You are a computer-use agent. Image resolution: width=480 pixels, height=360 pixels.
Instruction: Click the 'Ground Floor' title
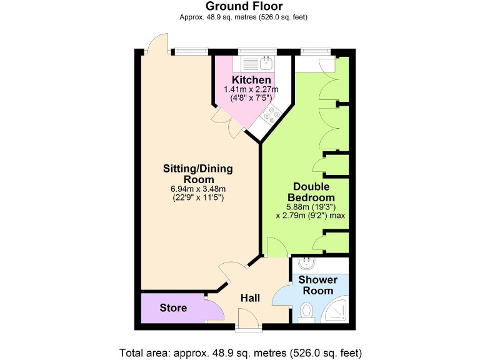point(240,7)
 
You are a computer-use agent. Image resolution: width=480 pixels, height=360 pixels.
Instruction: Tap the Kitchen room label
point(251,80)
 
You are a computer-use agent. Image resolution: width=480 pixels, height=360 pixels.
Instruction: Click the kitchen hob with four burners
point(272,114)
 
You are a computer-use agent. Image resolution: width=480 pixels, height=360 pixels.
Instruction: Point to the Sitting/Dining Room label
point(197,174)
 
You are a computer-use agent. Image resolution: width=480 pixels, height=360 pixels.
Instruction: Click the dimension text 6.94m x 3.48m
point(197,189)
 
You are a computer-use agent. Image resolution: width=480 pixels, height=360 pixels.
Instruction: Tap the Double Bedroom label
point(311,192)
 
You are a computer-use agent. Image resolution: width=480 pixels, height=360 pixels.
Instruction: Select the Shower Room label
point(317,285)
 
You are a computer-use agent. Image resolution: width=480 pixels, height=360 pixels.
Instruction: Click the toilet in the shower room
point(306,311)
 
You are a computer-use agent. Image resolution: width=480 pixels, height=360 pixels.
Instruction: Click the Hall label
point(250,297)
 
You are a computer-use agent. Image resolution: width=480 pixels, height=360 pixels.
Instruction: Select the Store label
point(173,307)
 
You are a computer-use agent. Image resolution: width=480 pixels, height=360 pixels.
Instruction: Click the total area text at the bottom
point(240,352)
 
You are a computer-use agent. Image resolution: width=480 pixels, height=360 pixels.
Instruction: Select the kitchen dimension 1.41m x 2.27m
point(251,90)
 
